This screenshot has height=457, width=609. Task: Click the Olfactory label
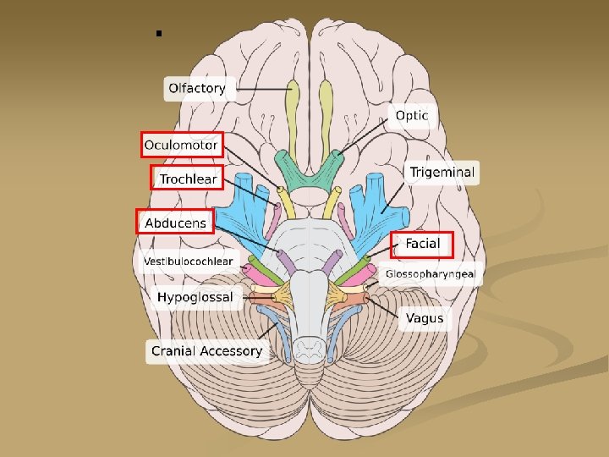pyautogui.click(x=196, y=88)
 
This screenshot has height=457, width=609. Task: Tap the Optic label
pyautogui.click(x=411, y=115)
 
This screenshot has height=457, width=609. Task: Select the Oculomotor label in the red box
pyautogui.click(x=181, y=146)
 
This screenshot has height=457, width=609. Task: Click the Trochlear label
pyautogui.click(x=188, y=179)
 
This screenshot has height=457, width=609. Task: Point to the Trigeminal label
pyautogui.click(x=442, y=173)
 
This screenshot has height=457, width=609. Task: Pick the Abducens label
pyautogui.click(x=175, y=223)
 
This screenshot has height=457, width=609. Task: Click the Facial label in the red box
pyautogui.click(x=422, y=244)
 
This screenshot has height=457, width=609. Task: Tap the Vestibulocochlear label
pyautogui.click(x=188, y=262)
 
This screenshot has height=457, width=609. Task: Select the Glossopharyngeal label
pyautogui.click(x=431, y=273)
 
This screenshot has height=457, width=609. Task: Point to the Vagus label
pyautogui.click(x=423, y=318)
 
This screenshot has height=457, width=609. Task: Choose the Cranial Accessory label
pyautogui.click(x=207, y=350)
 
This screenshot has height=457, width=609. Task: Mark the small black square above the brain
pyautogui.click(x=158, y=35)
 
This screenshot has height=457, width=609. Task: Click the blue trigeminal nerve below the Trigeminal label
pyautogui.click(x=372, y=203)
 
